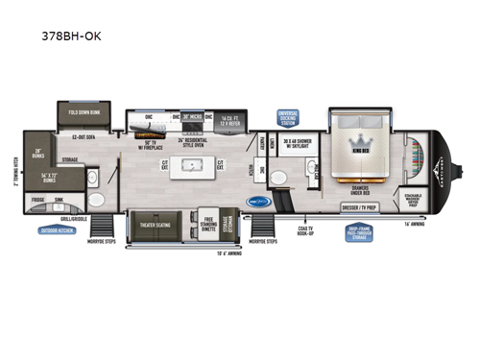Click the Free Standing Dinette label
(x=206, y=226)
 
